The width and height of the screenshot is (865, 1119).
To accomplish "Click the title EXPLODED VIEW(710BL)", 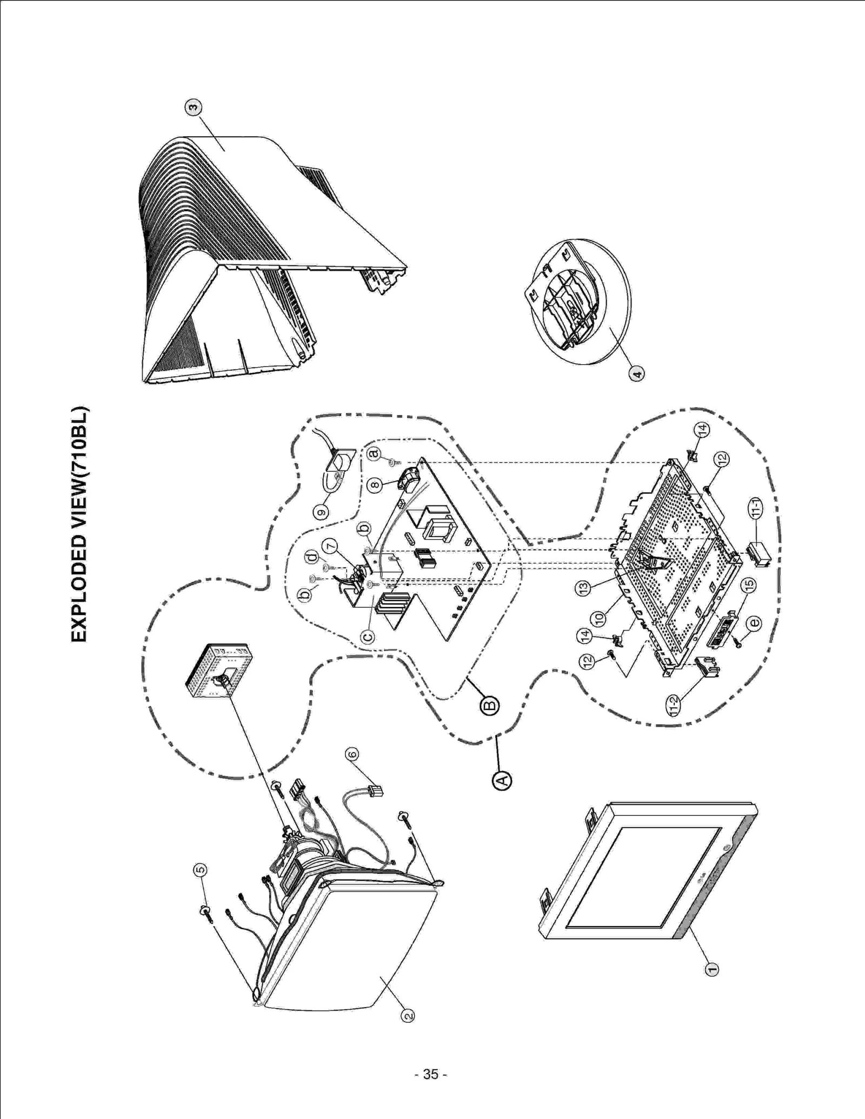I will [x=79, y=524].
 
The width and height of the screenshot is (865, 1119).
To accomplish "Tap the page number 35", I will [x=430, y=1074].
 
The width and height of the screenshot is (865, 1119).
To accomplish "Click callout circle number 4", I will [x=637, y=373].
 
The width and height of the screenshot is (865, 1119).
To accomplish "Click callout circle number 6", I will [x=352, y=754].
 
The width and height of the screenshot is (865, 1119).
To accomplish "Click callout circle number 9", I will [x=322, y=511].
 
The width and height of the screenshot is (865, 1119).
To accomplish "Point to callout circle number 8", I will [x=375, y=485].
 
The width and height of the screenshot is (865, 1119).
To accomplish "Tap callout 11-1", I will [x=757, y=507].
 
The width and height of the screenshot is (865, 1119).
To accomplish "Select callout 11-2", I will [x=674, y=705].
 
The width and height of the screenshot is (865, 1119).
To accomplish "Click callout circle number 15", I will [x=749, y=584].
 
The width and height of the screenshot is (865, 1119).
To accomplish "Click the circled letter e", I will [x=754, y=623].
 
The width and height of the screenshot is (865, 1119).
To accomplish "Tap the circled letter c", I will [x=368, y=637].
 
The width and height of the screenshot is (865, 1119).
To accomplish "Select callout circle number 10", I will [x=600, y=618].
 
